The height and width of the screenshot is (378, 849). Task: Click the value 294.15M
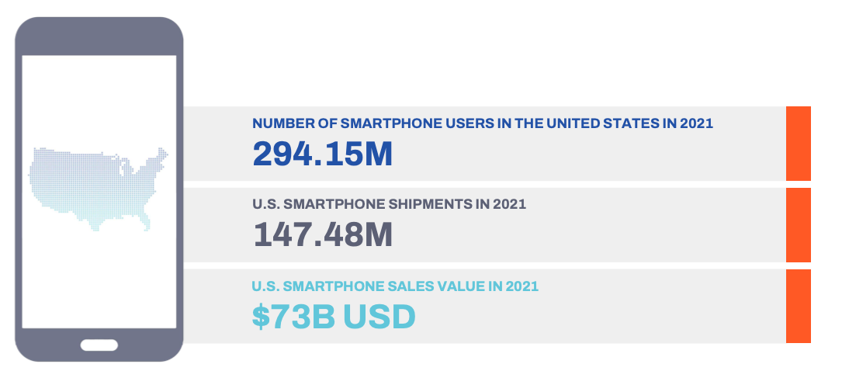click(322, 154)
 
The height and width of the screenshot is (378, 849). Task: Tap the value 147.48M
click(323, 235)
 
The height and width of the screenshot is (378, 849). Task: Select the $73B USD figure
click(334, 317)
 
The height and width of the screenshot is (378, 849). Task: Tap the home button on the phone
click(99, 345)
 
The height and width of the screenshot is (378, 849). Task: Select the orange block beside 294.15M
click(798, 144)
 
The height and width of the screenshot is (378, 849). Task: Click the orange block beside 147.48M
click(798, 225)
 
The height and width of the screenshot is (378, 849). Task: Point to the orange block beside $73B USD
click(798, 306)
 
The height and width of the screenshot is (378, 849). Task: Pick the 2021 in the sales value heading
click(521, 286)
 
